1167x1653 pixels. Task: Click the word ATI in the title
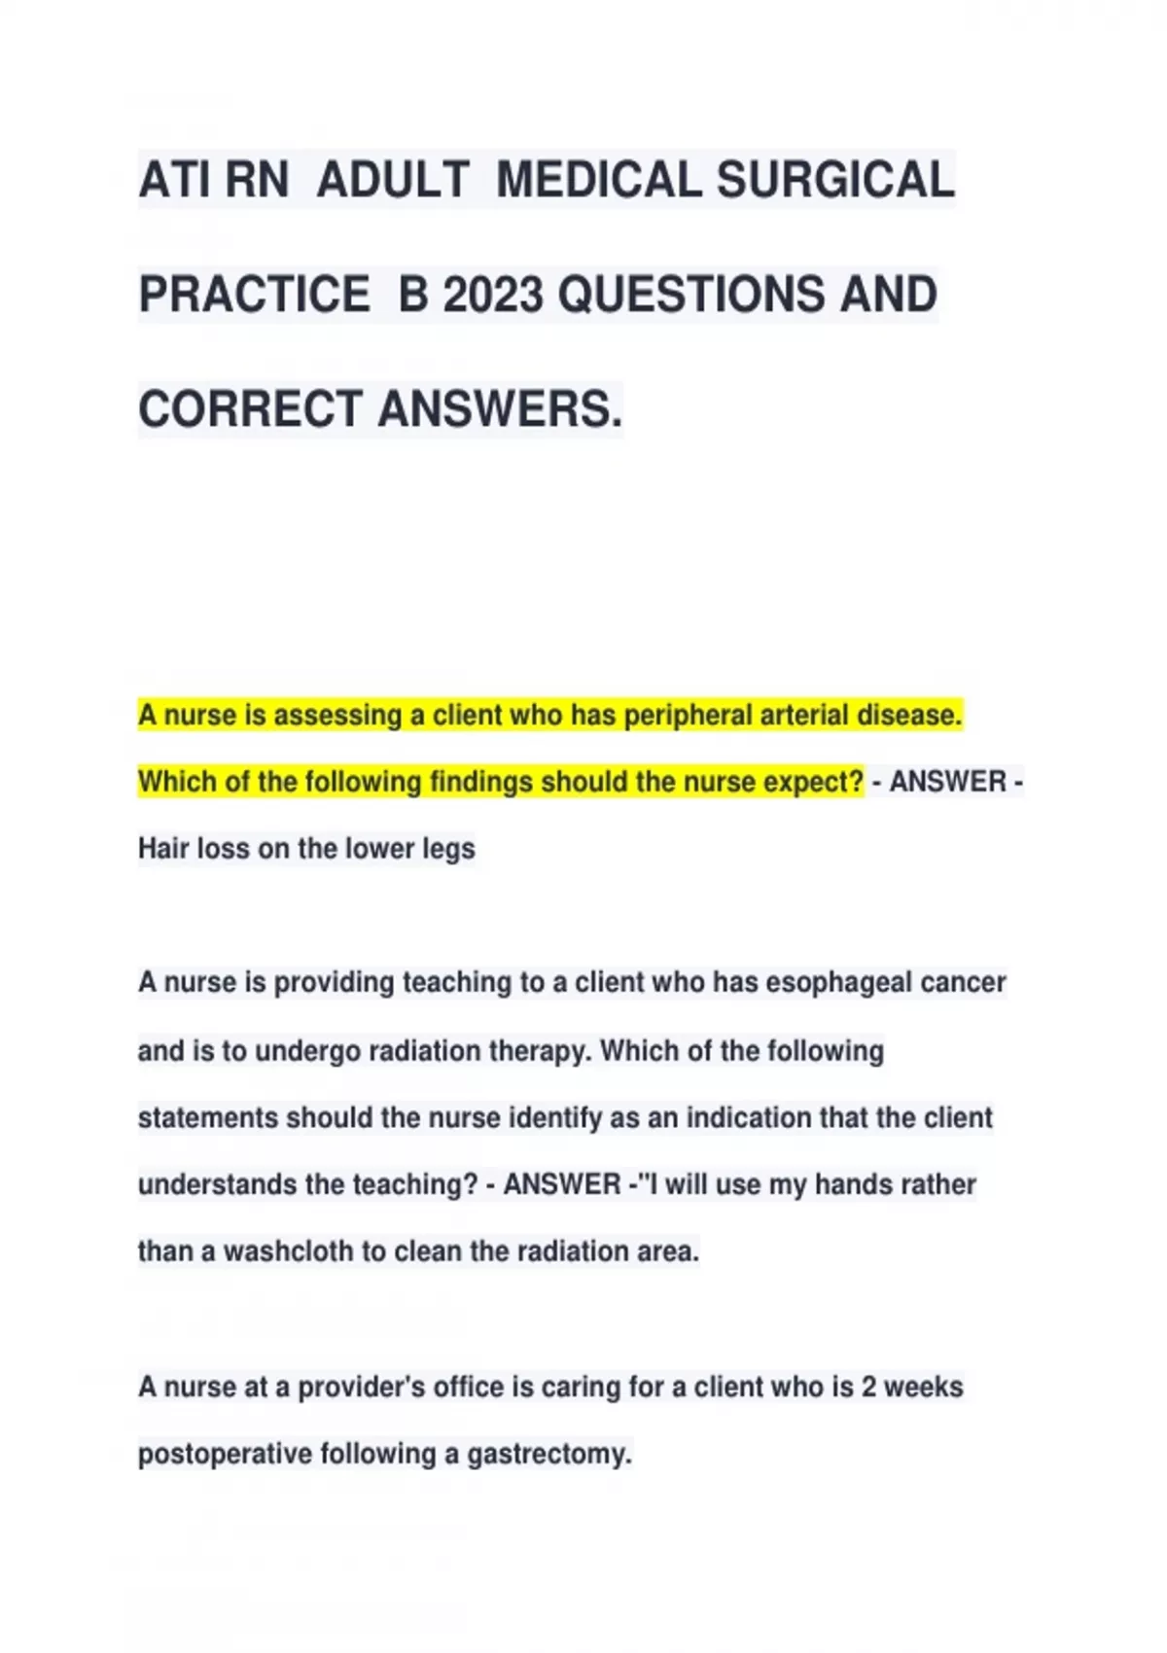point(174,181)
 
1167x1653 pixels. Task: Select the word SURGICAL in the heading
point(835,181)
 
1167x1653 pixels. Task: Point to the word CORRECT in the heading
point(250,408)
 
